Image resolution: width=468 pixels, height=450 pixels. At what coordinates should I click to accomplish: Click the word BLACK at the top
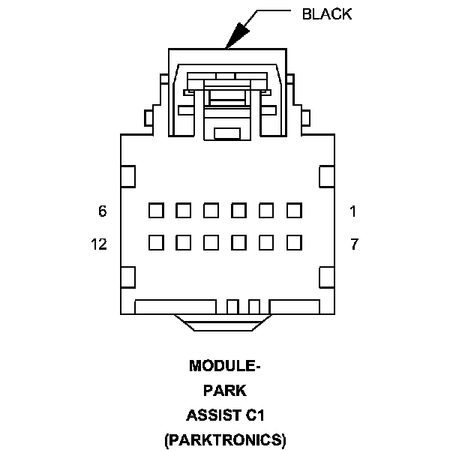[326, 14]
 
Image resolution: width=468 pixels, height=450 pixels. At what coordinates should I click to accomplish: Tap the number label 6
[103, 211]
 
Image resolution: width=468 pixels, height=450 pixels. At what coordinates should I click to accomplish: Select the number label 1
[353, 211]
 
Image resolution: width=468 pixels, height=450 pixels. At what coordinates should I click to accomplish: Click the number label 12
[98, 244]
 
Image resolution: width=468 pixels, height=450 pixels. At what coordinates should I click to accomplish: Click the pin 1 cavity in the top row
[293, 211]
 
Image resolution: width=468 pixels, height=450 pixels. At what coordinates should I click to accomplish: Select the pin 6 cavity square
[156, 211]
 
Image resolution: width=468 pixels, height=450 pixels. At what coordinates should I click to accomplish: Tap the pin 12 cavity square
[156, 243]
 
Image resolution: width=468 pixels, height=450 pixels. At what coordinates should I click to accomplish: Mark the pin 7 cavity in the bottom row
[293, 243]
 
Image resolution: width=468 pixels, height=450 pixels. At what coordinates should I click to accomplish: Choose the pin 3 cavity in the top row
[238, 211]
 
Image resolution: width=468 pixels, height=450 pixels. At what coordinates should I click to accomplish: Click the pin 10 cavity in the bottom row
[211, 243]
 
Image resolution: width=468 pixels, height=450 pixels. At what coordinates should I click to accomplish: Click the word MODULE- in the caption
[225, 366]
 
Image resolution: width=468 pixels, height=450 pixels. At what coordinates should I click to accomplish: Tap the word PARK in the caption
[225, 390]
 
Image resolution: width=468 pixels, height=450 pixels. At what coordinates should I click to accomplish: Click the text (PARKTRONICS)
[225, 439]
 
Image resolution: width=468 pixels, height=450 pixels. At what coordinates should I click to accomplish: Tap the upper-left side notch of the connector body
[127, 176]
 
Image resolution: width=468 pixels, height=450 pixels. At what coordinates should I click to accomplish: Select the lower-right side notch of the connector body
[326, 277]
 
